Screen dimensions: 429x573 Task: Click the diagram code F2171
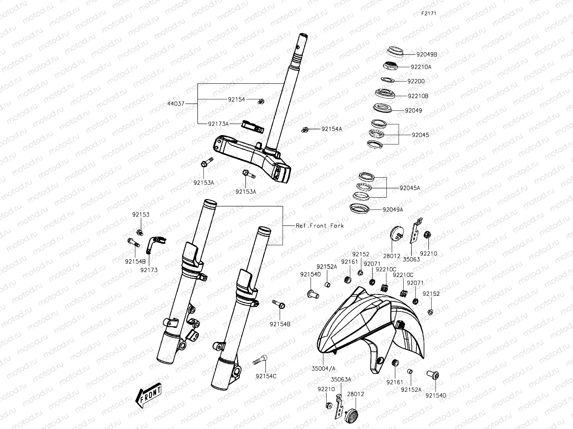[428, 13]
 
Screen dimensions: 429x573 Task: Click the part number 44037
[176, 104]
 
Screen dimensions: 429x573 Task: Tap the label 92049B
[427, 55]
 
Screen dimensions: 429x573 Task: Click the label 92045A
[410, 188]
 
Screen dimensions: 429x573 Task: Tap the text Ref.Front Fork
[319, 226]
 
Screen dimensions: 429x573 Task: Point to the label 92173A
[218, 124]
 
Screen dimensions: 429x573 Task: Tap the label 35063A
[341, 379]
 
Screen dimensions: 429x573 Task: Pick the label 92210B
[418, 96]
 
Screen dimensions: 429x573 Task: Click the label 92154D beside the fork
[310, 274]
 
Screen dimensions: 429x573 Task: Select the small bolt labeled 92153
[140, 232]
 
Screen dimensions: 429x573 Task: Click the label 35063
[411, 259]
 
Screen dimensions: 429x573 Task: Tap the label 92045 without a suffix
[420, 135]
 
